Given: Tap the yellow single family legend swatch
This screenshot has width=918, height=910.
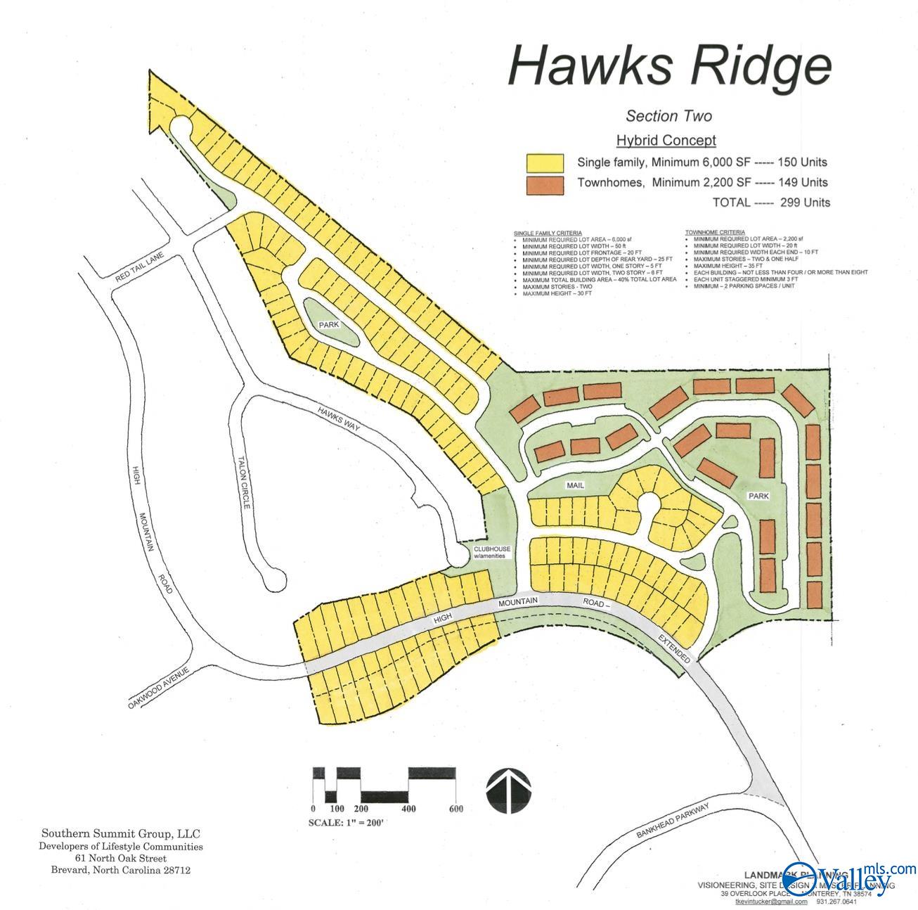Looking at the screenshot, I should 545,162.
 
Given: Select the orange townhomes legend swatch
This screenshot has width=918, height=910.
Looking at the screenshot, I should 545,184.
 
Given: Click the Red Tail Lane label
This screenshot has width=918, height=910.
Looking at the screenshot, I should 140,269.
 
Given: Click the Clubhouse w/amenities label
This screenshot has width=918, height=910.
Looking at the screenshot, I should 491,552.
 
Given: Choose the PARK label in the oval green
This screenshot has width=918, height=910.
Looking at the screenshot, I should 328,326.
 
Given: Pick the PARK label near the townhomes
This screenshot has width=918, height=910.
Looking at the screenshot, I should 758,496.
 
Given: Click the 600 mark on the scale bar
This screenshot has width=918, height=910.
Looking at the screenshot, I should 455,808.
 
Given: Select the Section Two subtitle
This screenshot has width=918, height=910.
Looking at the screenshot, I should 668,116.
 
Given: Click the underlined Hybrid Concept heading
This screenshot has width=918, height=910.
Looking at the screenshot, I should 666,140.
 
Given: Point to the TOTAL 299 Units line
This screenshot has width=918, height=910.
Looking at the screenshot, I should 771,203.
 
